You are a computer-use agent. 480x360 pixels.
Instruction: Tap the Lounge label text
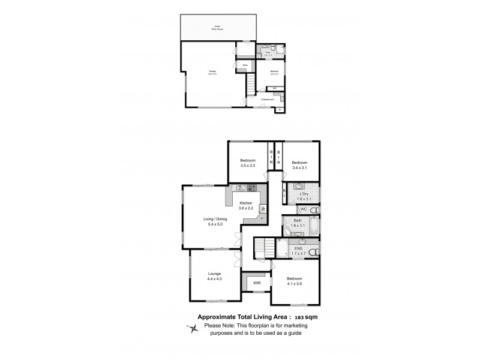pos(215,274)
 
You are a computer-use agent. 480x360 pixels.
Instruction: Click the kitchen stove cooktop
pos(253,188)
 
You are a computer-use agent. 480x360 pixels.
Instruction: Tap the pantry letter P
pos(262,219)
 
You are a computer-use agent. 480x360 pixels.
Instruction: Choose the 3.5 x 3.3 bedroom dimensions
pos(248,165)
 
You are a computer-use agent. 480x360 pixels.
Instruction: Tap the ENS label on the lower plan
pos(299,247)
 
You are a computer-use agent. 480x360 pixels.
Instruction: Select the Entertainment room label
pos(268,99)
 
